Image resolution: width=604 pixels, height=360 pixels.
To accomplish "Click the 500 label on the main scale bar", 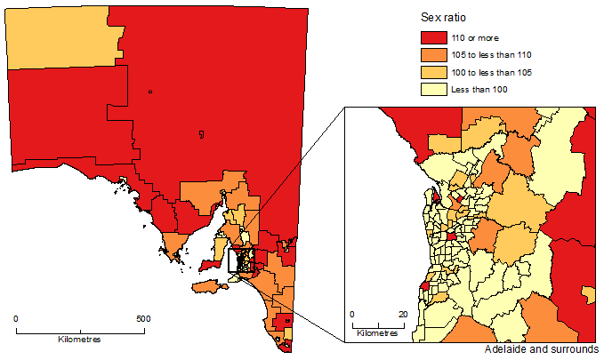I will pyautogui.click(x=142, y=318).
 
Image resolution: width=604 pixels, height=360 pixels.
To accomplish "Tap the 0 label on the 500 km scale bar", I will pyautogui.click(x=16, y=318).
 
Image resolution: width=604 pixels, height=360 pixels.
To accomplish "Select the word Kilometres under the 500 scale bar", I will pyautogui.click(x=79, y=340).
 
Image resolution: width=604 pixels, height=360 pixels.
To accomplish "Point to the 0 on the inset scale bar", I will pyautogui.click(x=352, y=315).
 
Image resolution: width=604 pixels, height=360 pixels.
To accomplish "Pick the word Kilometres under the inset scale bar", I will pyautogui.click(x=377, y=334).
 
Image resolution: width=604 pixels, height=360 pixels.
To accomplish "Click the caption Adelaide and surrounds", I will pyautogui.click(x=543, y=349).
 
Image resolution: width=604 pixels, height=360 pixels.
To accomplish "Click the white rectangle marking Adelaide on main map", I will pyautogui.click(x=241, y=260).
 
